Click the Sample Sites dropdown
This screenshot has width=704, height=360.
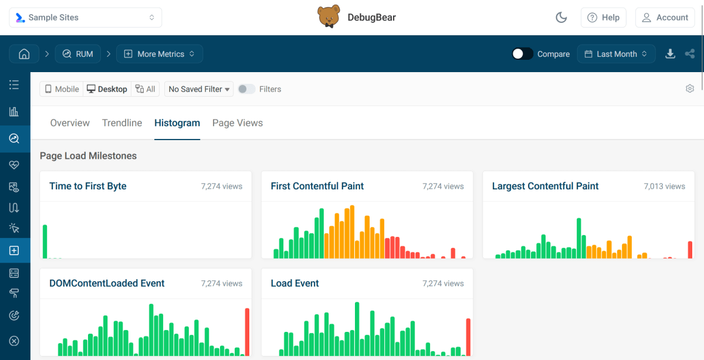(86, 18)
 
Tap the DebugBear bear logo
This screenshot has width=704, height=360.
(329, 17)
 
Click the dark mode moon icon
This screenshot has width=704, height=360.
(561, 18)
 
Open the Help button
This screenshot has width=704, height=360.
(604, 18)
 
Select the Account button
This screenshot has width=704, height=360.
(665, 18)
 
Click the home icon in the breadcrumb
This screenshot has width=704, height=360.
(24, 54)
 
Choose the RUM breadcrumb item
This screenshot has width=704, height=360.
(78, 54)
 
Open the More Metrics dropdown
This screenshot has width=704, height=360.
(160, 54)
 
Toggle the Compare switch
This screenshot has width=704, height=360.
(522, 54)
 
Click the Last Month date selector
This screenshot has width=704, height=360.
(616, 54)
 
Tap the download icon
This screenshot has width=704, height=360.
(670, 54)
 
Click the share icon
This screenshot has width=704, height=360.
(690, 54)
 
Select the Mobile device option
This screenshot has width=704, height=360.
(62, 89)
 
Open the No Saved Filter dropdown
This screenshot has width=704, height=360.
(199, 89)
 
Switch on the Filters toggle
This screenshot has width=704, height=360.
(246, 89)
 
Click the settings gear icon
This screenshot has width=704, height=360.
(690, 89)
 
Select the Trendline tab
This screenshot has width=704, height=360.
(122, 123)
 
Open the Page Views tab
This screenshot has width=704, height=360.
(238, 123)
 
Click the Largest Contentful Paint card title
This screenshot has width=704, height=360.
(545, 186)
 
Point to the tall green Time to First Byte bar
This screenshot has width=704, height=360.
(45, 242)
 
